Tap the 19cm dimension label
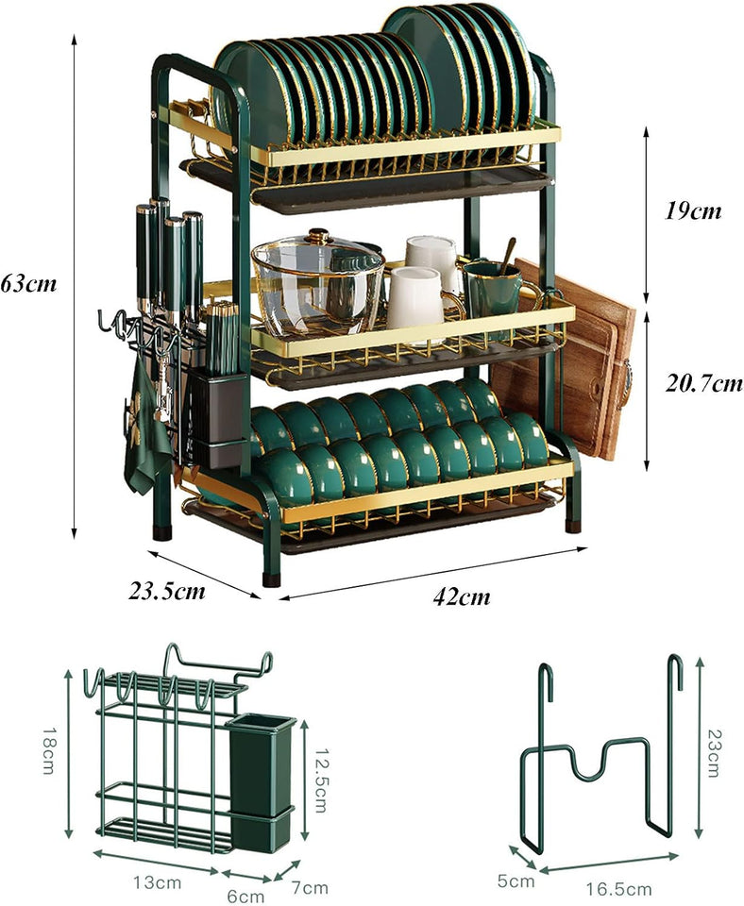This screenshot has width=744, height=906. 693,210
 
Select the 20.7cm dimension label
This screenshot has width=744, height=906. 701,383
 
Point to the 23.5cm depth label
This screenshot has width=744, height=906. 167,591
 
